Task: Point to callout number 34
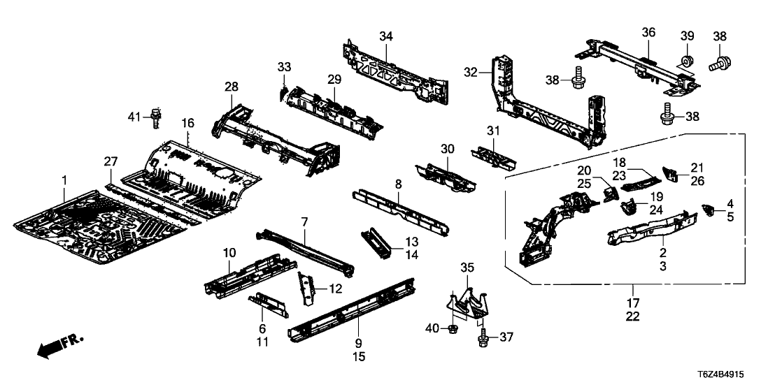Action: coord(387,36)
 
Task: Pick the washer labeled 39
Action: coord(686,61)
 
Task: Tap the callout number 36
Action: coord(648,32)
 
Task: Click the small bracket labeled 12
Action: coord(305,288)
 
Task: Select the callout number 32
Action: coord(471,71)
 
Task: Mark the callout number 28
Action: coord(232,87)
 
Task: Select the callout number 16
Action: coord(187,123)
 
